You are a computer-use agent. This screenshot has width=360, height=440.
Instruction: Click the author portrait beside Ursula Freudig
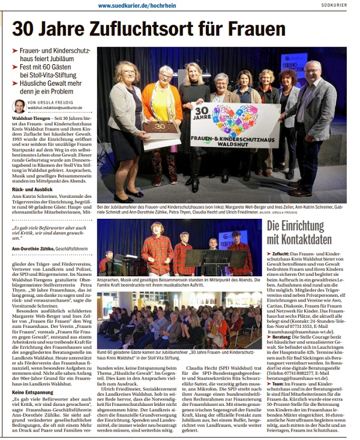coord(20,106)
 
